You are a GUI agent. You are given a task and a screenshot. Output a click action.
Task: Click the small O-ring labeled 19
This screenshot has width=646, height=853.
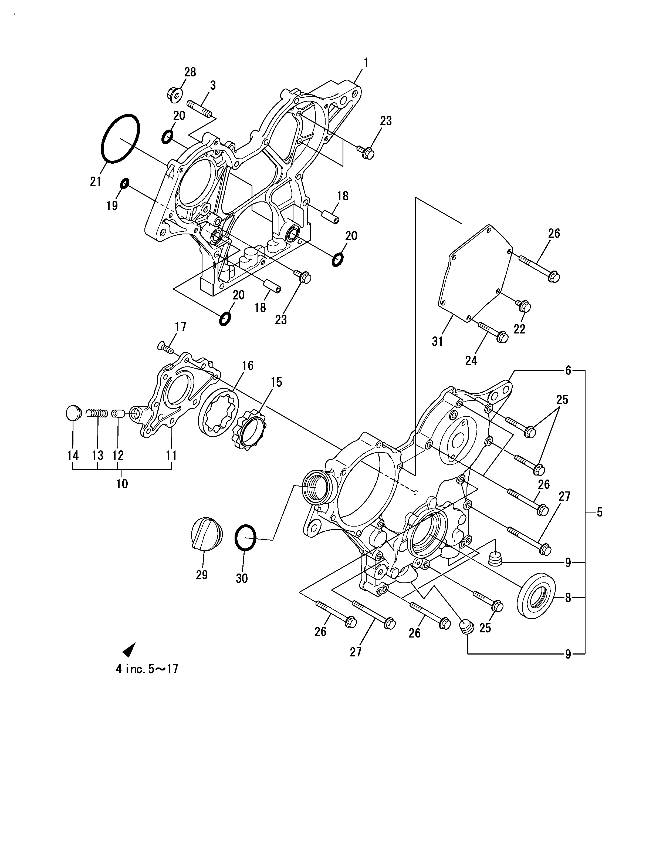pos(124,184)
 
